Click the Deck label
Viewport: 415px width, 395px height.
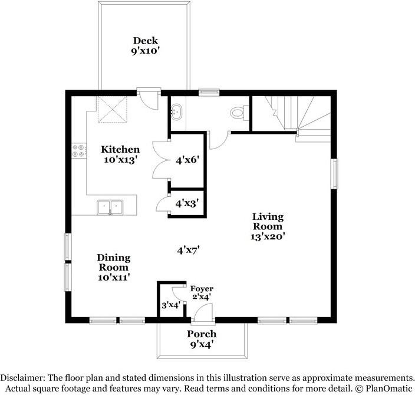[x=146, y=45]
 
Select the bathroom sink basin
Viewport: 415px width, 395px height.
[x=176, y=112]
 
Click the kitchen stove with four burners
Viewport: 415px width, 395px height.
[x=79, y=151]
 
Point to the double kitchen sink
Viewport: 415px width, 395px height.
[x=110, y=208]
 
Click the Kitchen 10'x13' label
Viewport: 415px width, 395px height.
[x=120, y=154]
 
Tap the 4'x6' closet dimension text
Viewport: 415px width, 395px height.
[x=187, y=160]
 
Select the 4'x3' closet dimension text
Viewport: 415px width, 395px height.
[x=187, y=203]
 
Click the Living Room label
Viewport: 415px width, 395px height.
[x=268, y=226]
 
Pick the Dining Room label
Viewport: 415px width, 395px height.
[x=114, y=267]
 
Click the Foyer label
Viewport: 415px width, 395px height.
[x=202, y=288]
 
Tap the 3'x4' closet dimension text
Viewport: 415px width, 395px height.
[x=171, y=305]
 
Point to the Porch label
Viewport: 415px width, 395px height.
[x=202, y=339]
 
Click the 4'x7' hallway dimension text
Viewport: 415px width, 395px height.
[x=188, y=250]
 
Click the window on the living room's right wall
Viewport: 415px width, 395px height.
[x=334, y=174]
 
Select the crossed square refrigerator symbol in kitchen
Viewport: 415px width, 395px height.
[x=112, y=109]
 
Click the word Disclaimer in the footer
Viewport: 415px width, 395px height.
[x=22, y=378]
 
